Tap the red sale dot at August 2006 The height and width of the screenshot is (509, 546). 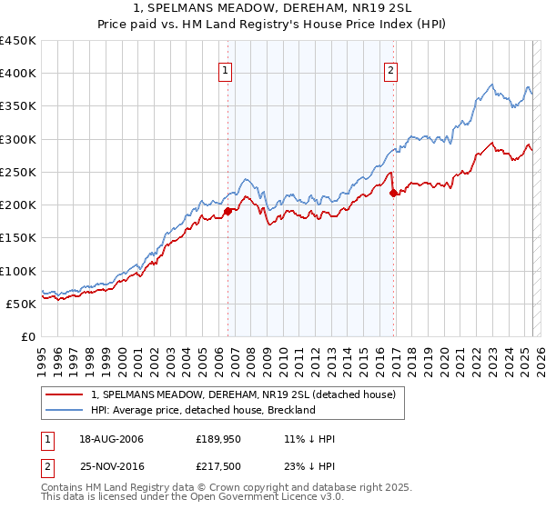tap(227, 211)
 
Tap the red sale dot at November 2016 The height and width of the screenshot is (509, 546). tap(393, 193)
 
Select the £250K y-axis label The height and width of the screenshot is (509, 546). tap(18, 172)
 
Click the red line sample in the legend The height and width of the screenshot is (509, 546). tap(65, 395)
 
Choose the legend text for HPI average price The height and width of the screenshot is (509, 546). tap(203, 410)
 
